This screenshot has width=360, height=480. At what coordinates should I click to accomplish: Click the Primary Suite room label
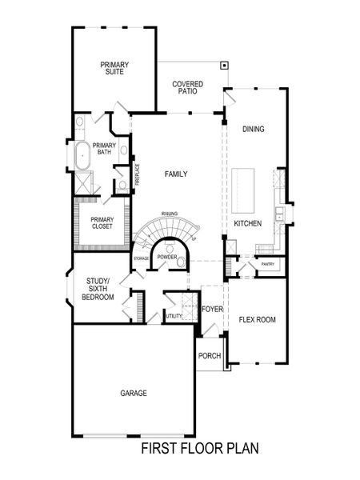115,68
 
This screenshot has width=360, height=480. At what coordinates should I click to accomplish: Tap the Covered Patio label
188,88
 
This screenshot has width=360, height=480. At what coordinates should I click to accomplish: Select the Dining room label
253,129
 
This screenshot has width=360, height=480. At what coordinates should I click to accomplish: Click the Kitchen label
247,224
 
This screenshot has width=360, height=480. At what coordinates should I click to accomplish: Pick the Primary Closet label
102,223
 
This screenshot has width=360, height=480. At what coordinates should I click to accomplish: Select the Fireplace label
138,174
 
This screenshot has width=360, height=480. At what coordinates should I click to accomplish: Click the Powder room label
166,257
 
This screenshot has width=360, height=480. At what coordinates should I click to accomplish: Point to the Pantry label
267,263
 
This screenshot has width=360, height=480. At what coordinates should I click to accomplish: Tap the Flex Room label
257,320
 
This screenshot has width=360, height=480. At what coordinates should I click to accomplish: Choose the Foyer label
211,308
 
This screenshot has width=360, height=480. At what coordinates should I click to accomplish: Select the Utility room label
174,317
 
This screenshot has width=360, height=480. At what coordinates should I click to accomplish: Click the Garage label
134,393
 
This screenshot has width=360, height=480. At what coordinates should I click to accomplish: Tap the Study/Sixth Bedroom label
98,289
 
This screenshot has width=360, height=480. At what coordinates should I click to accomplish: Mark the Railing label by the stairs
169,214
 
